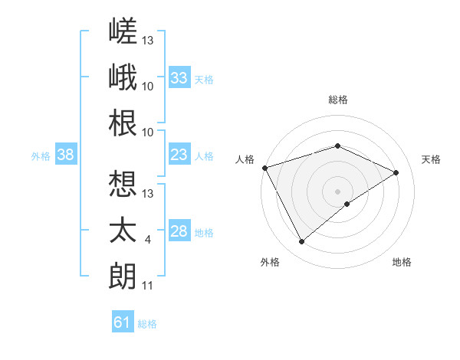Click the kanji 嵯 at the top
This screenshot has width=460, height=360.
pyautogui.click(x=123, y=31)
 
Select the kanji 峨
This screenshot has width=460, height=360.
pyautogui.click(x=123, y=77)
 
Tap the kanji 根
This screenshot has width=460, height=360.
pyautogui.click(x=123, y=123)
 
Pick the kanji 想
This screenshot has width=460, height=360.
pyautogui.click(x=123, y=184)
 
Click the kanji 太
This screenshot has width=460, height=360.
pyautogui.click(x=123, y=230)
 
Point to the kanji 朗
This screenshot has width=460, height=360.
pyautogui.click(x=123, y=277)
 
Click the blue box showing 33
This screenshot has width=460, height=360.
pyautogui.click(x=179, y=77)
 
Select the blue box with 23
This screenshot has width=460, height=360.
pyautogui.click(x=179, y=154)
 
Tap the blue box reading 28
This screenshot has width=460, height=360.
pyautogui.click(x=179, y=230)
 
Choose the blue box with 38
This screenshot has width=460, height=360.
pyautogui.click(x=66, y=154)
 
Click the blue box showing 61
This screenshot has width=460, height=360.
pyautogui.click(x=123, y=321)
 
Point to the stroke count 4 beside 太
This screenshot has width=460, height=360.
pyautogui.click(x=147, y=240)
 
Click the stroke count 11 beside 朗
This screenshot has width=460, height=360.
pyautogui.click(x=147, y=286)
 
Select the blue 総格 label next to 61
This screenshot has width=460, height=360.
pyautogui.click(x=147, y=324)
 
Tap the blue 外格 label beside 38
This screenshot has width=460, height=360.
pyautogui.click(x=41, y=156)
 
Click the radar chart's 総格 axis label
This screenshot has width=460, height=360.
pyautogui.click(x=338, y=100)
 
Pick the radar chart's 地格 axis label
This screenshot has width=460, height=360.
pyautogui.click(x=402, y=262)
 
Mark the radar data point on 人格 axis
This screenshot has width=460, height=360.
pyautogui.click(x=265, y=168)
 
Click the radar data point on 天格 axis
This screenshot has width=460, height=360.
pyautogui.click(x=396, y=172)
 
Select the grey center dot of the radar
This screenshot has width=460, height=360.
pyautogui.click(x=337, y=191)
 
